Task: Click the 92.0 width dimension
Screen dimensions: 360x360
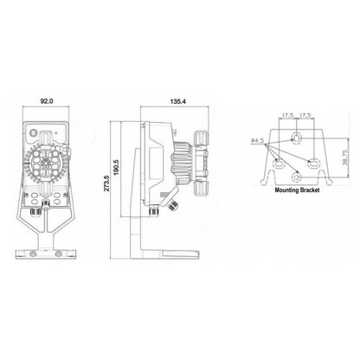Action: pyautogui.click(x=47, y=101)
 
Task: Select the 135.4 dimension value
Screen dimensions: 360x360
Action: pyautogui.click(x=178, y=101)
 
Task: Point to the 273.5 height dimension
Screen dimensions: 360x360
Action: pyautogui.click(x=106, y=183)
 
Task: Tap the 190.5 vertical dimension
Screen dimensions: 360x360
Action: pyautogui.click(x=116, y=167)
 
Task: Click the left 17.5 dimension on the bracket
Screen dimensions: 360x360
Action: pyautogui.click(x=287, y=115)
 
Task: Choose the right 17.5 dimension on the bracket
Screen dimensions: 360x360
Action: pyautogui.click(x=305, y=115)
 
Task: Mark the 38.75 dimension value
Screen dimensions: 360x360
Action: pyautogui.click(x=344, y=157)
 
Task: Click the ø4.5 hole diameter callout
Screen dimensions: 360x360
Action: pyautogui.click(x=258, y=141)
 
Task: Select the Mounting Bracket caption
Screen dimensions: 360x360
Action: pyautogui.click(x=297, y=190)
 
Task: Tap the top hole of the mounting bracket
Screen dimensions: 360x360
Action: pyautogui.click(x=297, y=137)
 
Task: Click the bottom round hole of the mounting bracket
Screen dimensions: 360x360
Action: pyautogui.click(x=297, y=177)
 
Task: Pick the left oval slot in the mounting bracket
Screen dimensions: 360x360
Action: pyautogui.click(x=279, y=164)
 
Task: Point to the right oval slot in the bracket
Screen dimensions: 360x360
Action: pyautogui.click(x=313, y=164)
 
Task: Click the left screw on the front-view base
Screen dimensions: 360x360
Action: pyautogui.click(x=34, y=254)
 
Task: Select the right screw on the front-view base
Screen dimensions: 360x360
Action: pyautogui.click(x=58, y=254)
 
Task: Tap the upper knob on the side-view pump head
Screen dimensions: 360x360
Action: pyautogui.click(x=202, y=138)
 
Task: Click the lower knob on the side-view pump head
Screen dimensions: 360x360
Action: pyautogui.click(x=202, y=189)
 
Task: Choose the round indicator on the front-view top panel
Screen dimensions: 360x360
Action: pyautogui.click(x=34, y=132)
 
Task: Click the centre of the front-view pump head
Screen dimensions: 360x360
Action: pyautogui.click(x=46, y=164)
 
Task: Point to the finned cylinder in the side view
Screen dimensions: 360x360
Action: pyautogui.click(x=180, y=164)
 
